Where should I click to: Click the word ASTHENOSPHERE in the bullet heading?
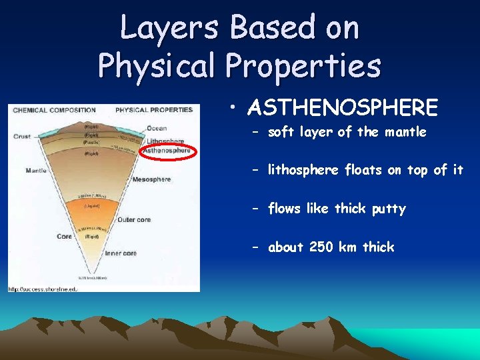point(342,107)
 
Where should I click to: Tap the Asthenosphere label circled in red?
point(167,151)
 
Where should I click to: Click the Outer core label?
point(133,219)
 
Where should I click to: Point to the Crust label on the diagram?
point(21,137)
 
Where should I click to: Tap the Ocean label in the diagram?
point(157,128)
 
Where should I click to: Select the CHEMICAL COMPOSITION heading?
point(54,111)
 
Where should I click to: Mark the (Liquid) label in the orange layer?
point(92,206)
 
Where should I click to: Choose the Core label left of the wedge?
point(64,236)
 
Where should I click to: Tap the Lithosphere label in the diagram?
point(165,141)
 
